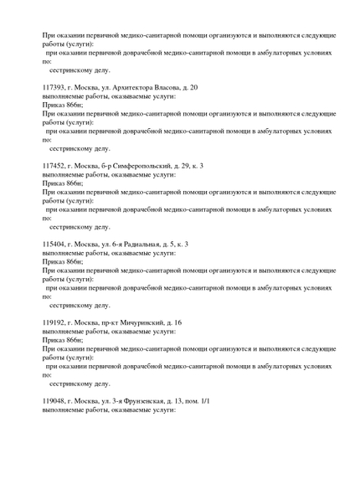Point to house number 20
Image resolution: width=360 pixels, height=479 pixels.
(193, 87)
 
